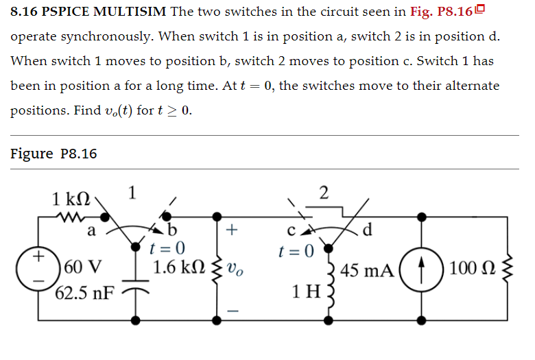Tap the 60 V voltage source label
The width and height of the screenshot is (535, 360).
[84, 265]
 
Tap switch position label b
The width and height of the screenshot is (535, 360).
[172, 229]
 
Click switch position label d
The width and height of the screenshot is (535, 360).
[368, 229]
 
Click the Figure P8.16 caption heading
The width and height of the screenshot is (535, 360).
[53, 153]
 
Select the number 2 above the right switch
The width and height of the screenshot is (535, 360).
[324, 191]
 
